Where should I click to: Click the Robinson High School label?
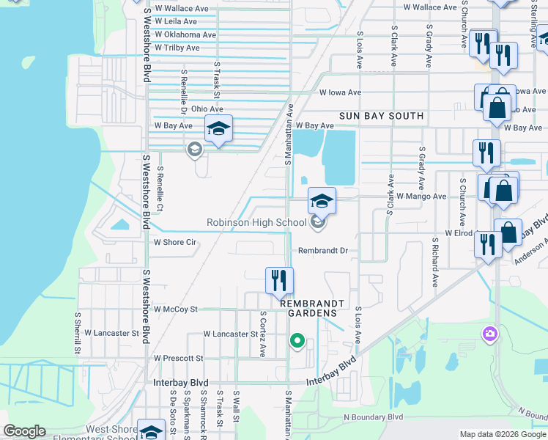(256, 222)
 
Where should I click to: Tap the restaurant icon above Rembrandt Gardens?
(279, 279)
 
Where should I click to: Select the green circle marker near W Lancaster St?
(297, 340)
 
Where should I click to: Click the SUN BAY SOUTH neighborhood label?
(381, 116)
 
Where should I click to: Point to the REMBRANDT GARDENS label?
(308, 307)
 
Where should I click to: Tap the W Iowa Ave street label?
(340, 92)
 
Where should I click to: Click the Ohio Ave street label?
(207, 109)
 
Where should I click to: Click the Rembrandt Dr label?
(322, 250)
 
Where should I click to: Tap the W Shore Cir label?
(175, 242)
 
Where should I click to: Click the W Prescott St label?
(178, 358)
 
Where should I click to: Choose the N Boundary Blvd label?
(374, 417)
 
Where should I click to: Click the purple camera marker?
(489, 334)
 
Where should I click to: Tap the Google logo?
(25, 431)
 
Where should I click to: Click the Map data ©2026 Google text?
(503, 434)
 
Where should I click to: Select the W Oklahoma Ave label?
(185, 34)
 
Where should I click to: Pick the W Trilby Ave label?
(177, 48)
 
